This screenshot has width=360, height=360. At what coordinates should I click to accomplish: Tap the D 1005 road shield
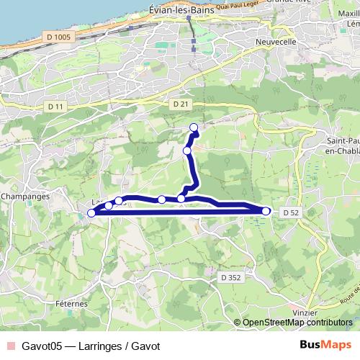58,35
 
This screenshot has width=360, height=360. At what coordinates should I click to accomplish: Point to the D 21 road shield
181,104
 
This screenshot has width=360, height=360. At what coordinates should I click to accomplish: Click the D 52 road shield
290,212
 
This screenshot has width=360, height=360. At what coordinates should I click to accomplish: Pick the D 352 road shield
230,276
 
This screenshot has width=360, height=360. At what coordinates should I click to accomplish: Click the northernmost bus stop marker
194,128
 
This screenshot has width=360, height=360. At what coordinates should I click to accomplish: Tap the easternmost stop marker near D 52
266,211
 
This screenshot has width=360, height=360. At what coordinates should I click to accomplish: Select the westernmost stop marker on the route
91,212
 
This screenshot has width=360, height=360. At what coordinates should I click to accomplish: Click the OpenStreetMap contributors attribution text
297,323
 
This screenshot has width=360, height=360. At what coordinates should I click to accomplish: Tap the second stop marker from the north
187,150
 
